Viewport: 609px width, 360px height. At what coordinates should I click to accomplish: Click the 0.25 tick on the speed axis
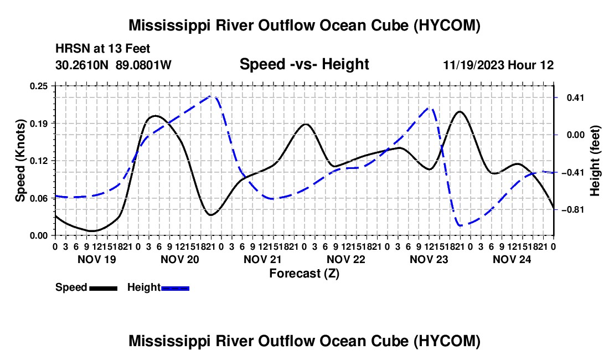pyautogui.click(x=39, y=86)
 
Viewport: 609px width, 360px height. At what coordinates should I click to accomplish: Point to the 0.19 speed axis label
pyautogui.click(x=39, y=124)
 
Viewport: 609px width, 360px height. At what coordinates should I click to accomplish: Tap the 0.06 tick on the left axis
pyautogui.click(x=39, y=198)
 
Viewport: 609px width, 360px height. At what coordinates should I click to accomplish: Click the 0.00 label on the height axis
pyautogui.click(x=576, y=135)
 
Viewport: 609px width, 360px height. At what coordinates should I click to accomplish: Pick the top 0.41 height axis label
pyautogui.click(x=576, y=97)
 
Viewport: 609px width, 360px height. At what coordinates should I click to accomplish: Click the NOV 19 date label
pyautogui.click(x=97, y=259)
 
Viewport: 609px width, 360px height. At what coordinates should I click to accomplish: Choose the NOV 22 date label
pyautogui.click(x=346, y=259)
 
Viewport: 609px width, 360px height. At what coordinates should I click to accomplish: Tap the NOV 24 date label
pyautogui.click(x=512, y=259)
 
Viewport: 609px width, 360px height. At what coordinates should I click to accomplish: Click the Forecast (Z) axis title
pyautogui.click(x=304, y=274)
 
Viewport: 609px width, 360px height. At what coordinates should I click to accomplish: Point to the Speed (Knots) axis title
pyautogui.click(x=20, y=161)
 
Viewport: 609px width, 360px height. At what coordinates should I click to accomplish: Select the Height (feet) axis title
pyautogui.click(x=595, y=161)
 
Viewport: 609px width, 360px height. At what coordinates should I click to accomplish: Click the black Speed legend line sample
pyautogui.click(x=104, y=288)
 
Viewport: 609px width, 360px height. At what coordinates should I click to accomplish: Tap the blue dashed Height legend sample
pyautogui.click(x=175, y=288)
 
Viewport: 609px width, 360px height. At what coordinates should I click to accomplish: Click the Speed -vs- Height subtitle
pyautogui.click(x=304, y=64)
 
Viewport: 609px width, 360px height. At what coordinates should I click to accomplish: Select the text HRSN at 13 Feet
pyautogui.click(x=102, y=49)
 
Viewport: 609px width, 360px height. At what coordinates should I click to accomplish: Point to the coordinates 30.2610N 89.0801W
pyautogui.click(x=113, y=65)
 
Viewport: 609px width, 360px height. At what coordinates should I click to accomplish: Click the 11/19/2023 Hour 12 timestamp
pyautogui.click(x=498, y=65)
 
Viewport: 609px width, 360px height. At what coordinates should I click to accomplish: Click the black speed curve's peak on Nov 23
pyautogui.click(x=460, y=111)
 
